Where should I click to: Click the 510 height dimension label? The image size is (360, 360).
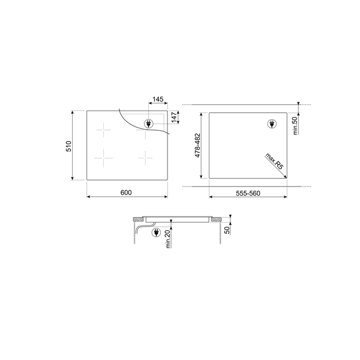pos(69,145)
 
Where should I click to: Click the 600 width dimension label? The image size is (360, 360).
pos(125,192)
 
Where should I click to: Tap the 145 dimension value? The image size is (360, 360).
pos(158,99)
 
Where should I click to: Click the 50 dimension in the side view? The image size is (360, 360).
pos(227,230)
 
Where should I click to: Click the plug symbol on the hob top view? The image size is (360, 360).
pos(148,124)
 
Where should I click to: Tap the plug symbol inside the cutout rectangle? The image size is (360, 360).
pos(270,124)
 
